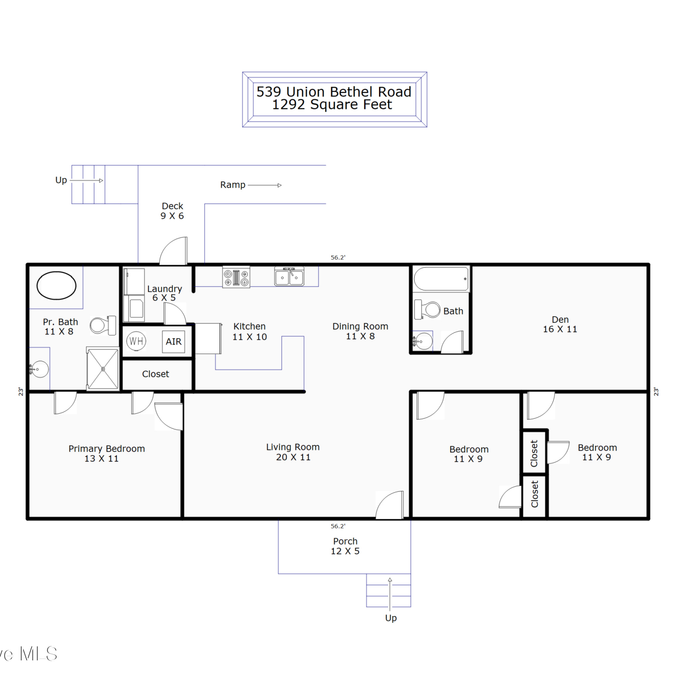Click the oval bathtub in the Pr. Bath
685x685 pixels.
click(56, 285)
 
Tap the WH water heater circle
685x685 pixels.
click(136, 341)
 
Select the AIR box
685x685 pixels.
click(174, 342)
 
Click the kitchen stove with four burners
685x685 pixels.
click(236, 277)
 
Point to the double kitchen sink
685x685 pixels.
click(289, 277)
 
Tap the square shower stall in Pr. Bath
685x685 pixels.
click(103, 369)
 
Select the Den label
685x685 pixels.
click(560, 320)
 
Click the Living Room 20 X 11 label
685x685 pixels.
click(293, 452)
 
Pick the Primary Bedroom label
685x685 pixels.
click(107, 449)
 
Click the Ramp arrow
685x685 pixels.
click(264, 185)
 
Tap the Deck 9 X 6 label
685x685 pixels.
click(172, 211)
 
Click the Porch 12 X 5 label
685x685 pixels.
click(345, 546)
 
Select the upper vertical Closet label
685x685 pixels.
click(534, 453)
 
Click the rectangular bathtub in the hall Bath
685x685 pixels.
click(441, 279)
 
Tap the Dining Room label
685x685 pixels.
click(360, 327)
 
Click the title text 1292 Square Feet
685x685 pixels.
click(332, 105)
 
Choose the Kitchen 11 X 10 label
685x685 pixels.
click(249, 332)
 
